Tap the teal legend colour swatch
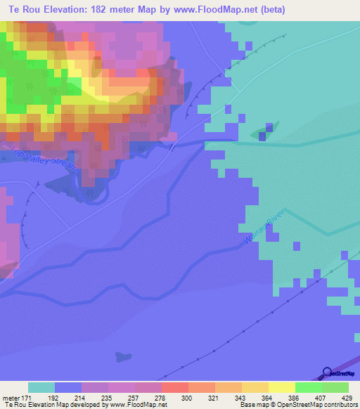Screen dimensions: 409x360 (41, 387)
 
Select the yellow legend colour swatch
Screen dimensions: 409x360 (281, 387)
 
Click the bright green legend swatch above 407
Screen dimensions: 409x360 (308, 387)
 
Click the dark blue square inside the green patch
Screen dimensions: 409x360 (268, 129)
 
